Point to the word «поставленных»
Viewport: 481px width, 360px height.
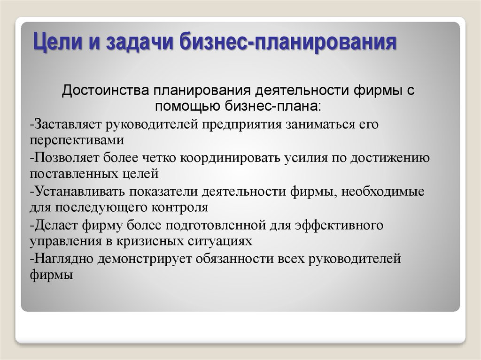point(74,174)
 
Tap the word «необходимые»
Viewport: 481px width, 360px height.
point(383,191)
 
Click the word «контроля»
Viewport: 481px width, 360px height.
point(180,207)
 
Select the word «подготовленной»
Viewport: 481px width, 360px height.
point(216,225)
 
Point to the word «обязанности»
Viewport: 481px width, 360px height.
point(235,259)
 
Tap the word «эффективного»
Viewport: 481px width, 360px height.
point(339,225)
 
